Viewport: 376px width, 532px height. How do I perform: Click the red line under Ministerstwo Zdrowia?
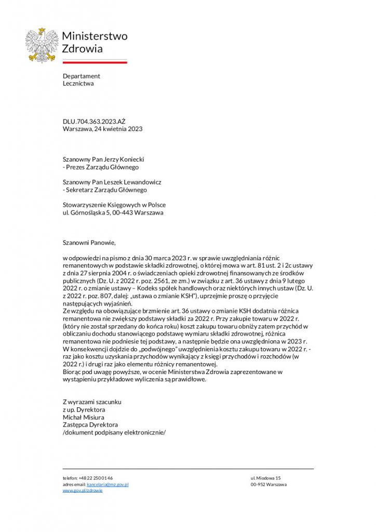(x=95, y=62)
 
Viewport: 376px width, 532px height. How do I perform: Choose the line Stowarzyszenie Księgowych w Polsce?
(x=114, y=205)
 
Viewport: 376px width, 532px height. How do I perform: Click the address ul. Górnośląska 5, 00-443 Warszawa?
(x=113, y=212)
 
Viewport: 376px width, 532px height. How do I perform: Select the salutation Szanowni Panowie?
(x=89, y=243)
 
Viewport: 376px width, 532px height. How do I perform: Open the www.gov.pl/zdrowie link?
(x=83, y=490)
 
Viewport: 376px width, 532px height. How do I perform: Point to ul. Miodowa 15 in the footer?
(x=265, y=478)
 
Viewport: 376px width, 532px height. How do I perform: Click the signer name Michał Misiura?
(x=84, y=417)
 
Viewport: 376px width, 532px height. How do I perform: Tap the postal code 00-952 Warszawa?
(x=268, y=484)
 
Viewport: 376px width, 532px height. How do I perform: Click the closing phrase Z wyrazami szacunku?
(x=92, y=402)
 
